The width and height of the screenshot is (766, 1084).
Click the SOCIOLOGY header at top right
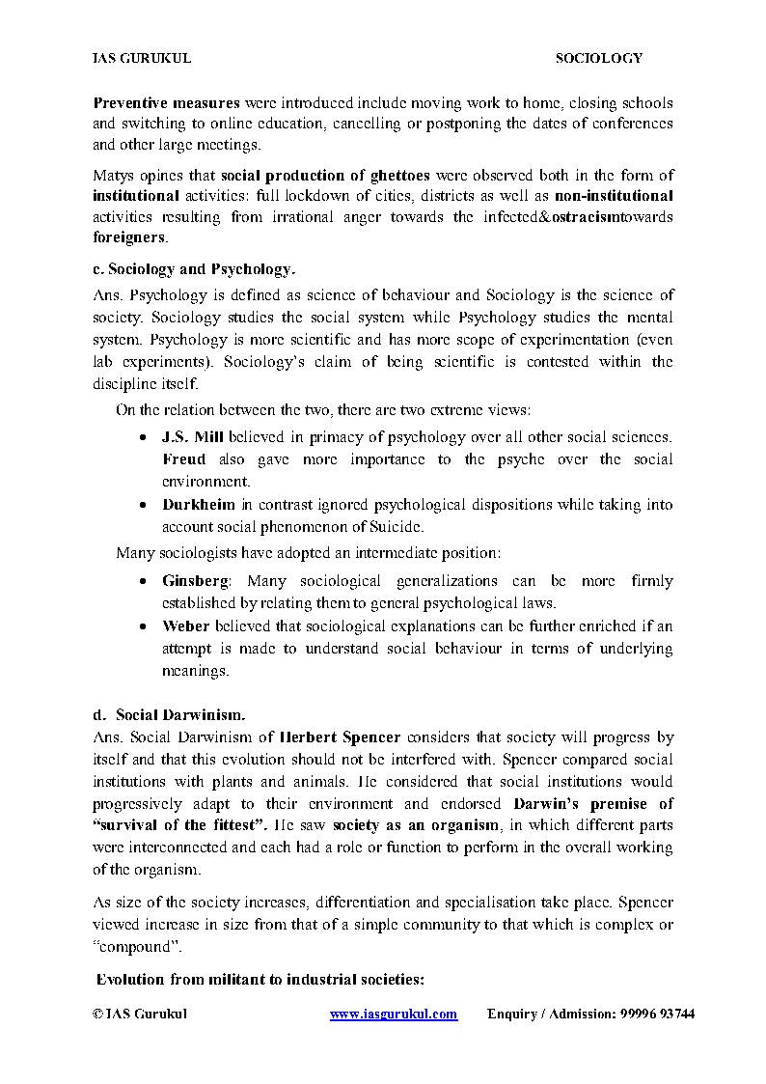pyautogui.click(x=598, y=58)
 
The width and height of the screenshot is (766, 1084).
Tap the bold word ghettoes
pyautogui.click(x=400, y=175)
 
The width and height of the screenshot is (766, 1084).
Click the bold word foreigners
pyautogui.click(x=129, y=236)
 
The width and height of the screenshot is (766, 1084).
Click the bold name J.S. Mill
pyautogui.click(x=193, y=437)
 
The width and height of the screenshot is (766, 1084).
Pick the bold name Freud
pyautogui.click(x=183, y=459)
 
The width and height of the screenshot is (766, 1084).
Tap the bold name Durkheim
pyautogui.click(x=199, y=504)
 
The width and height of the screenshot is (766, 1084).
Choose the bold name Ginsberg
pyautogui.click(x=196, y=581)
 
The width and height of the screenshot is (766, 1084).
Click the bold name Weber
pyautogui.click(x=185, y=625)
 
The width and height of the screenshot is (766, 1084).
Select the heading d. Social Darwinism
pyautogui.click(x=170, y=715)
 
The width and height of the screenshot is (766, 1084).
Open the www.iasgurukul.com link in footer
pyautogui.click(x=394, y=1014)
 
